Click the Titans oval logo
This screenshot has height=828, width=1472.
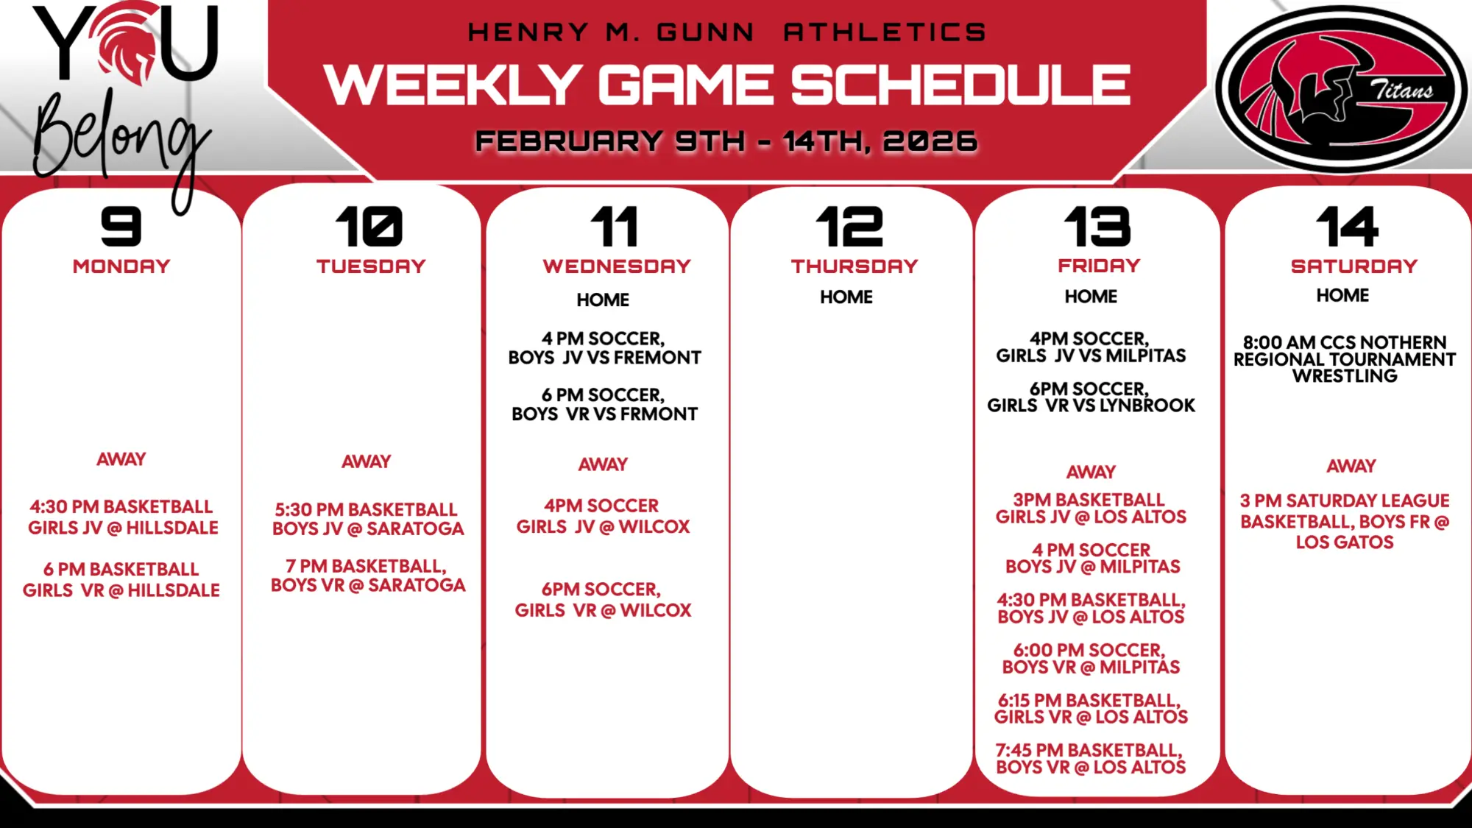click(1340, 89)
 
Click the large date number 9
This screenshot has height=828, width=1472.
click(121, 226)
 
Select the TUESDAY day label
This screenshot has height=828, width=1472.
click(371, 266)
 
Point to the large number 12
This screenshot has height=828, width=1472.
click(849, 226)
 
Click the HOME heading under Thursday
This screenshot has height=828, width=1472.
click(846, 297)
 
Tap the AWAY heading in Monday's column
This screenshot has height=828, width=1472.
click(121, 459)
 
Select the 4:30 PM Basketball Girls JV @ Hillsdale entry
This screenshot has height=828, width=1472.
click(123, 517)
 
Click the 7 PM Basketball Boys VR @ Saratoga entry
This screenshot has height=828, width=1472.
click(368, 576)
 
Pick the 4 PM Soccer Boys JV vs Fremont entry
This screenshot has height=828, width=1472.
click(604, 348)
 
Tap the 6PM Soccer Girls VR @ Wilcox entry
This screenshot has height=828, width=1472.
click(603, 600)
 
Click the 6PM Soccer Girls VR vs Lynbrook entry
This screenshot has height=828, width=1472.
click(1091, 397)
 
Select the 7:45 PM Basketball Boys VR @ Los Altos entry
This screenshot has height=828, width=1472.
click(1090, 759)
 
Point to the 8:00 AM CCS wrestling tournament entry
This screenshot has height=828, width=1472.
click(1345, 359)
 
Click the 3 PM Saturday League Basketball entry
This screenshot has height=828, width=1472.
click(1345, 521)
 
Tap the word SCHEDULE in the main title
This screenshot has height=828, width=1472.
click(960, 85)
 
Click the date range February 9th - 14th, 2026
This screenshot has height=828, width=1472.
click(726, 141)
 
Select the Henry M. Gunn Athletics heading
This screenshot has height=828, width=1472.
click(726, 32)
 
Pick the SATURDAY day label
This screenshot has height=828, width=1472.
click(1354, 266)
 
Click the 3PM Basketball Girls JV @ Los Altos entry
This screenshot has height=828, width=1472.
click(1091, 509)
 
